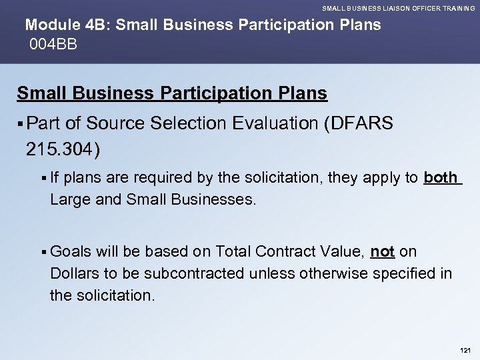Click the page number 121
pyautogui.click(x=465, y=350)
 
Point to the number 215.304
pyautogui.click(x=62, y=147)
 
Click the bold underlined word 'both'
pyautogui.click(x=441, y=178)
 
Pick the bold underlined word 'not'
pyautogui.click(x=382, y=251)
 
